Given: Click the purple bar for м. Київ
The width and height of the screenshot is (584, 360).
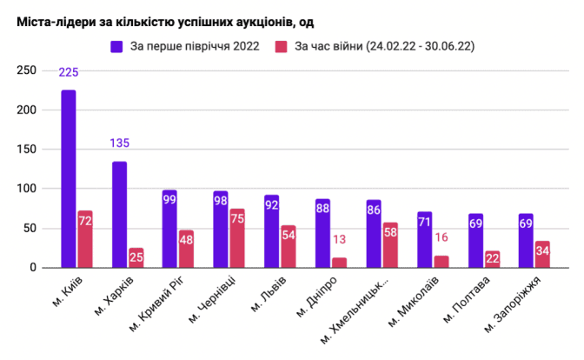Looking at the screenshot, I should pyautogui.click(x=69, y=178).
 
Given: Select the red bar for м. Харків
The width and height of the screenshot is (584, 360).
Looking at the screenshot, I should pyautogui.click(x=136, y=258).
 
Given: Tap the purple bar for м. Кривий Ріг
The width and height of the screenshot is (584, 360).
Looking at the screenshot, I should pyautogui.click(x=169, y=229).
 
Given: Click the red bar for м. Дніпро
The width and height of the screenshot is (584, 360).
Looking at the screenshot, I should pyautogui.click(x=339, y=263).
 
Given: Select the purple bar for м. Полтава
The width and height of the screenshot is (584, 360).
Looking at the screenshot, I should pyautogui.click(x=475, y=241).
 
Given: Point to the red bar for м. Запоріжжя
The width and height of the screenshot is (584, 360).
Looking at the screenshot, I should pyautogui.click(x=542, y=255).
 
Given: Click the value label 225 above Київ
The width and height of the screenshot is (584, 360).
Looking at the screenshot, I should pyautogui.click(x=69, y=72).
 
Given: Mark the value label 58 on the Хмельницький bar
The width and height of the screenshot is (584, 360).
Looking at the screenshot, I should pyautogui.click(x=390, y=234).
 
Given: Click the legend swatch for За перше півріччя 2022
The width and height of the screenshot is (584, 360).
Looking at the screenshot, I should pyautogui.click(x=116, y=46).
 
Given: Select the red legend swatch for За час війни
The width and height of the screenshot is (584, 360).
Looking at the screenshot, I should pyautogui.click(x=281, y=46).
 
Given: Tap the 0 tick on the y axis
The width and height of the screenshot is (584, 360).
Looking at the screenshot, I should pyautogui.click(x=36, y=268).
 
